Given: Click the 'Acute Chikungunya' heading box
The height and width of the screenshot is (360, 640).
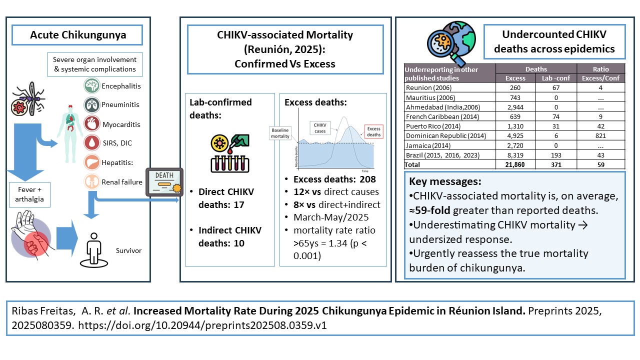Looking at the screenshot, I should click(78, 35).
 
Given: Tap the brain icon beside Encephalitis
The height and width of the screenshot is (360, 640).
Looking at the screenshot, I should click(92, 86).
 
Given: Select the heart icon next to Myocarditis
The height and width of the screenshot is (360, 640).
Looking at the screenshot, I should click(92, 124).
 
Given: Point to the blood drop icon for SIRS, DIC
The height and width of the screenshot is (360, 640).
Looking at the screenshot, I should click(92, 143).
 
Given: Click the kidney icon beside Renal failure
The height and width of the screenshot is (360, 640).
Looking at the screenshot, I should click(92, 181).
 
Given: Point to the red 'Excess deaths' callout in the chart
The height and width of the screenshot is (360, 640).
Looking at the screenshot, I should click(373, 131).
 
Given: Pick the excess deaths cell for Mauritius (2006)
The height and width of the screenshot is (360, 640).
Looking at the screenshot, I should click(515, 97).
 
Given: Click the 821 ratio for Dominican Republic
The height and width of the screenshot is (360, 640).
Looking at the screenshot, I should click(600, 135).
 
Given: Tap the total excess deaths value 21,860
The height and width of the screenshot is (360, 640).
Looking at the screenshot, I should click(515, 164).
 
